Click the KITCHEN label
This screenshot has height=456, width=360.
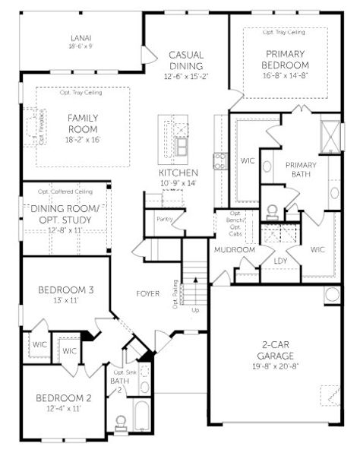click(x=179, y=173)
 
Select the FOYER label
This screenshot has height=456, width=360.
click(x=147, y=293)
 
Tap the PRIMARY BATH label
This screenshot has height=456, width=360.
click(x=300, y=169)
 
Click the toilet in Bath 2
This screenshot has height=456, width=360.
click(x=119, y=422)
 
